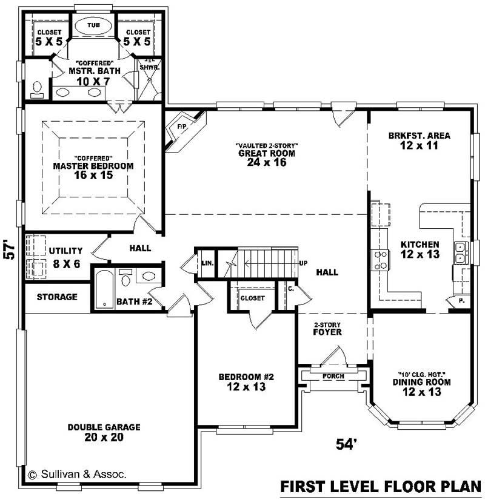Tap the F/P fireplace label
click(x=181, y=126)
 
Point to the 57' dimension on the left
click(x=9, y=250)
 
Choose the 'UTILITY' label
click(x=65, y=251)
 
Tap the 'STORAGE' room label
click(x=57, y=297)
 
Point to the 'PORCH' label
click(x=333, y=377)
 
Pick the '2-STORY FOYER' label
click(x=327, y=328)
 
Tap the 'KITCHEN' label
click(x=420, y=245)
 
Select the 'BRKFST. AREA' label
click(x=420, y=136)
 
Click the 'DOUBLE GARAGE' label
click(x=104, y=427)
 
